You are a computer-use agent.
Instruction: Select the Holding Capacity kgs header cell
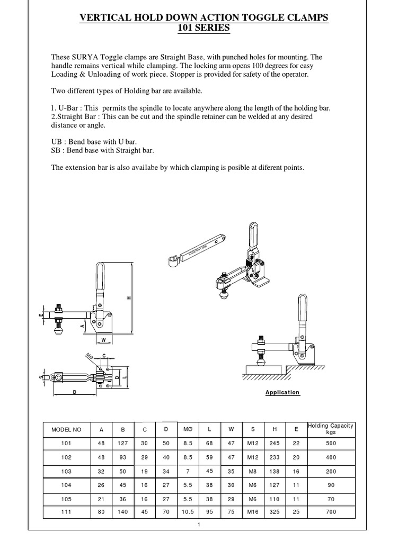click(331, 429)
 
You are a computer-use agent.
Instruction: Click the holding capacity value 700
click(331, 512)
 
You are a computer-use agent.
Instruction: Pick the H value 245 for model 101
click(273, 443)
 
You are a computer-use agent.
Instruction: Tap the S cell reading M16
click(251, 512)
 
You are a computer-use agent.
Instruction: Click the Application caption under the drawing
click(282, 392)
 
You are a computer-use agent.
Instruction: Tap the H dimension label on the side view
click(129, 298)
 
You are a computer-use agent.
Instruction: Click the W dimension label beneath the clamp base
click(103, 339)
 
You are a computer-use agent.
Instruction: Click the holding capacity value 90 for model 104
click(331, 484)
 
